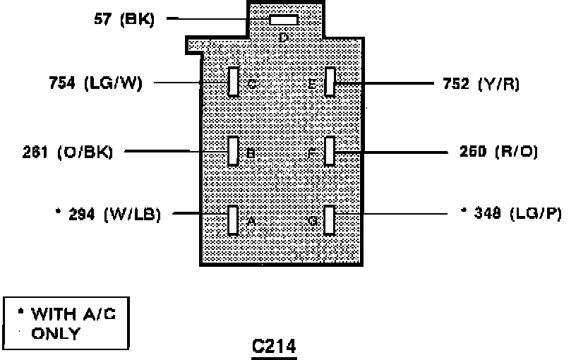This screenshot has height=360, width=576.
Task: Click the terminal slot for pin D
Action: pos(283,20)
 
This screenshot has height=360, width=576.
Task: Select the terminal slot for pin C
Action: pos(234,81)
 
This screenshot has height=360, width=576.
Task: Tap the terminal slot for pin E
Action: pos(329,81)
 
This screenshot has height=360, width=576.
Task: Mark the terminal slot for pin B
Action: pos(234,151)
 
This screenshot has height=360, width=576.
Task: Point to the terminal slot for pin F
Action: pos(329,151)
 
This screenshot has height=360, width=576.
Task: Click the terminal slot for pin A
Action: pos(234,220)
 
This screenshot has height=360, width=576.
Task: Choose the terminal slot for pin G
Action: pos(329,220)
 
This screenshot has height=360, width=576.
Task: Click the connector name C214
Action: pos(274,346)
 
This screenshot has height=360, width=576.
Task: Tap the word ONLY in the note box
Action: pos(56,333)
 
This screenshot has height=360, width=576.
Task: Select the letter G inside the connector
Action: pos(313,220)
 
